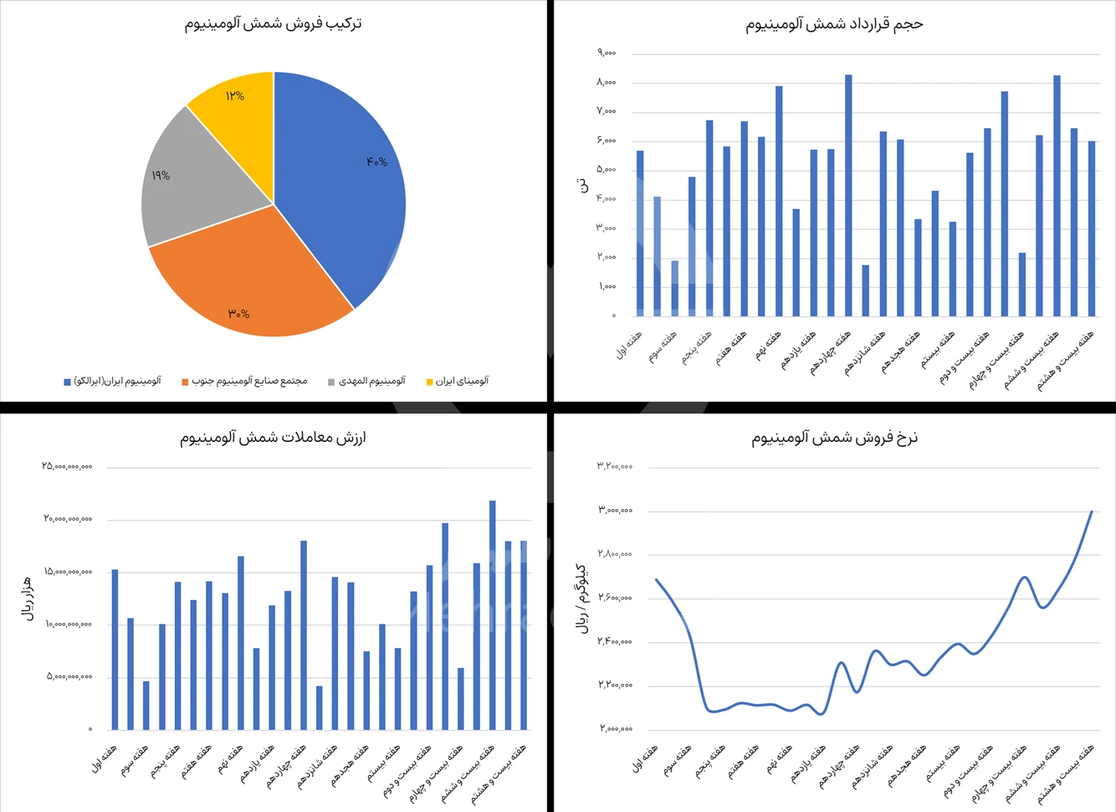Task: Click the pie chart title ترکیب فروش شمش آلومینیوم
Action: (274, 23)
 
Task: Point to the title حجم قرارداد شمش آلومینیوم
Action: (834, 24)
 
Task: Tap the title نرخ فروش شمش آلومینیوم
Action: (834, 437)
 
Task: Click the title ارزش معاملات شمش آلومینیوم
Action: (273, 437)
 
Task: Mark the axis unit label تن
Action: (583, 186)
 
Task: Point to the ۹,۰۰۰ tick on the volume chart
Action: (607, 53)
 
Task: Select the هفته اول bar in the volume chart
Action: (640, 234)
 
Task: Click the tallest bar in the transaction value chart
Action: (492, 615)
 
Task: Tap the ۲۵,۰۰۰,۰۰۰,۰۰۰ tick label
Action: (67, 466)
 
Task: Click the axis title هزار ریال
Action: (27, 598)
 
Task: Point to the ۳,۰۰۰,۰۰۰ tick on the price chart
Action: (615, 510)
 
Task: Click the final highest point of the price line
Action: (1091, 511)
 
